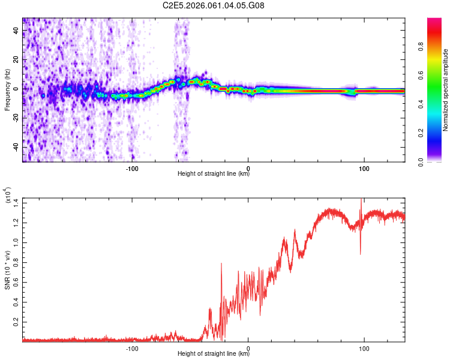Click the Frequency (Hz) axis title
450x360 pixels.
pyautogui.click(x=7, y=90)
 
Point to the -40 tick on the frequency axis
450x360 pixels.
pyautogui.click(x=15, y=148)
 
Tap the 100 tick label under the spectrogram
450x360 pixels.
pyautogui.click(x=364, y=167)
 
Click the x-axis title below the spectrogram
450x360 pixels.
pyautogui.click(x=214, y=174)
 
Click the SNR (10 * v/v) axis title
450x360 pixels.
pyautogui.click(x=7, y=270)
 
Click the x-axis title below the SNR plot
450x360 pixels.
pyautogui.click(x=214, y=354)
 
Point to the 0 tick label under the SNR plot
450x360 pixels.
pyautogui.click(x=249, y=347)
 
